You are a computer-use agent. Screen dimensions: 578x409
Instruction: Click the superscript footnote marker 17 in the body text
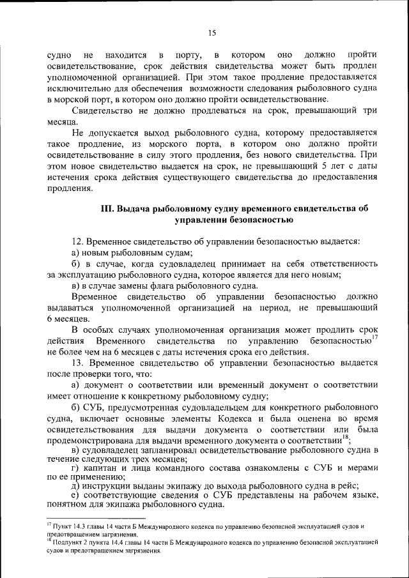coord(374,337)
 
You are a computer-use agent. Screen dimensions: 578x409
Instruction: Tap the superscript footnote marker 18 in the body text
coord(345,437)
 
